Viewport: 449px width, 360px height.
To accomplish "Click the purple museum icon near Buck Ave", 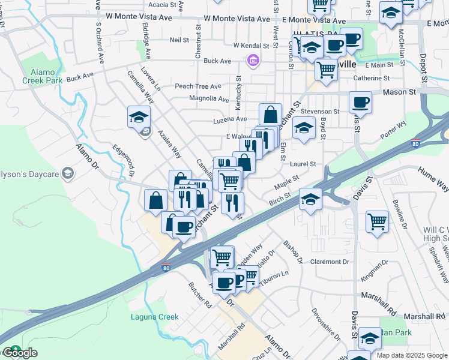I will coord(253,61).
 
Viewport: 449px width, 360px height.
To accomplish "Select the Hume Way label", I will coord(433,179).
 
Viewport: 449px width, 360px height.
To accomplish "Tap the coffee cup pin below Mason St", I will coord(361,103).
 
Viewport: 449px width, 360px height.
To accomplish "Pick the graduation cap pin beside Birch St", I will coord(310,200).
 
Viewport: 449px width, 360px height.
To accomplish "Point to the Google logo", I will coord(19,353).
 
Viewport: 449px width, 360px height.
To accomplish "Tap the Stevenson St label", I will coord(320,112).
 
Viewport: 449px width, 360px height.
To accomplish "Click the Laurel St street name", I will coord(304,164).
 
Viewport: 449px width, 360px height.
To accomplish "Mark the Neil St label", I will coord(179,40).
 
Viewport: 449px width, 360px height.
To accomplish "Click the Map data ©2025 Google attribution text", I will coord(412,355).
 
